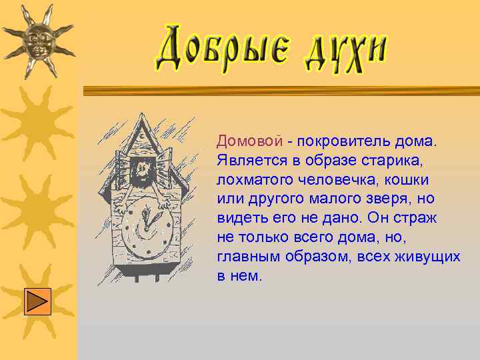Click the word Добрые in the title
point(221,49)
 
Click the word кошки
point(407,180)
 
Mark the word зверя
point(387,199)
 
